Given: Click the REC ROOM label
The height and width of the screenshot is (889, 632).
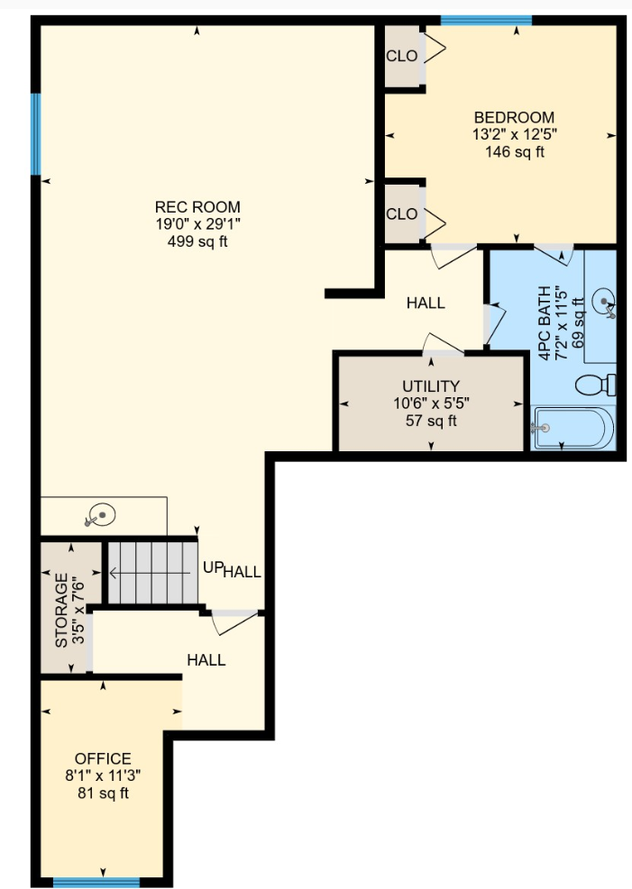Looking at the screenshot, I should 197,207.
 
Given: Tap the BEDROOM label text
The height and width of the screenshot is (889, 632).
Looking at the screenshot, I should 514,118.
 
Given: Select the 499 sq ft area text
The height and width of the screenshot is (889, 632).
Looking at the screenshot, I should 197,241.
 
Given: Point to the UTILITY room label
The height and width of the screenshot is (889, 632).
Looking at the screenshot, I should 431,386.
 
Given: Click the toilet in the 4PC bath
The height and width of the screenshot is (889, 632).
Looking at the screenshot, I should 596,385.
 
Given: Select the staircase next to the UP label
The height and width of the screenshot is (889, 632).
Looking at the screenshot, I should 151,571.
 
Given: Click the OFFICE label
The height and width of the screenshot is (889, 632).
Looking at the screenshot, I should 103,758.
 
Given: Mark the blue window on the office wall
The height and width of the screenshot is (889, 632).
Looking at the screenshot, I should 96,883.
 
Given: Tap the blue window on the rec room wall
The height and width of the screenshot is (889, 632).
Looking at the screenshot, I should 36,135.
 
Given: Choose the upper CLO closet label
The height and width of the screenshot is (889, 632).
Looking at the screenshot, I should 402,56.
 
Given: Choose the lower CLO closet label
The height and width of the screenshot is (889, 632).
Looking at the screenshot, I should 402,214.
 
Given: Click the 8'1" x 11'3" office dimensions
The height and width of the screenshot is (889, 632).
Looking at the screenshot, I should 103,776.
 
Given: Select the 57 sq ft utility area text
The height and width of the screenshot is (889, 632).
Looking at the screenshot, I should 431,421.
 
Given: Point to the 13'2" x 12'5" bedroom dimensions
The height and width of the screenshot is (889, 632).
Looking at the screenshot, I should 514,134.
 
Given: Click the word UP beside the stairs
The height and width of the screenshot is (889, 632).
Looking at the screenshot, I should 212,567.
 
